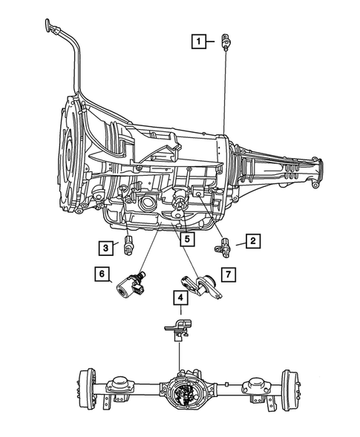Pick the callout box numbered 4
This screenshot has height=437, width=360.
point(180,298)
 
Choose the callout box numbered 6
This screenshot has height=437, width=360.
point(99,275)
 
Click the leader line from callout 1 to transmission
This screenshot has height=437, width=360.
point(223,89)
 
